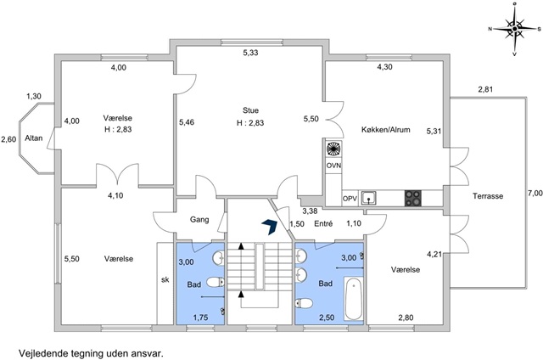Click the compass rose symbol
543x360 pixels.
click(515, 29)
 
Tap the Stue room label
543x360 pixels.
click(250, 110)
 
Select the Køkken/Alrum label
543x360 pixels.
click(385, 130)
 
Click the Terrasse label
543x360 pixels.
click(488, 196)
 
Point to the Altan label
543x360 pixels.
click(34, 138)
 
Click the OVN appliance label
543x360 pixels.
click(333, 166)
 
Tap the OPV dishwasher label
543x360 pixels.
click(350, 199)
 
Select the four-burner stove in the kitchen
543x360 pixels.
click(413, 199)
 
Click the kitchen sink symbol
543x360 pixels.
click(369, 199)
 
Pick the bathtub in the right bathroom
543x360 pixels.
click(354, 299)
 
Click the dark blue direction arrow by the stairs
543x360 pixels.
click(269, 227)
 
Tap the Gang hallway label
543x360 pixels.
click(199, 219)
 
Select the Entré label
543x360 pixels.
click(323, 224)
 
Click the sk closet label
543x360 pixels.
click(165, 279)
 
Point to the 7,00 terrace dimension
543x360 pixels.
click(535, 194)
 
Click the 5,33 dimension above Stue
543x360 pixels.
click(250, 53)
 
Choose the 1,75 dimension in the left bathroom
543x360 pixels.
click(200, 317)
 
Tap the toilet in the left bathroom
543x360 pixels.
click(216, 283)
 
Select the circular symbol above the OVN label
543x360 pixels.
click(333, 149)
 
